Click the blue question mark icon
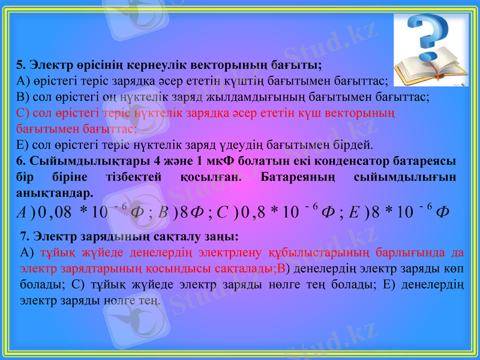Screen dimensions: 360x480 click(x=428, y=34)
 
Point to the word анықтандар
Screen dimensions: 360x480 click(x=54, y=194)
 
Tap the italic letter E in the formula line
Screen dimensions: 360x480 click(x=353, y=212)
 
